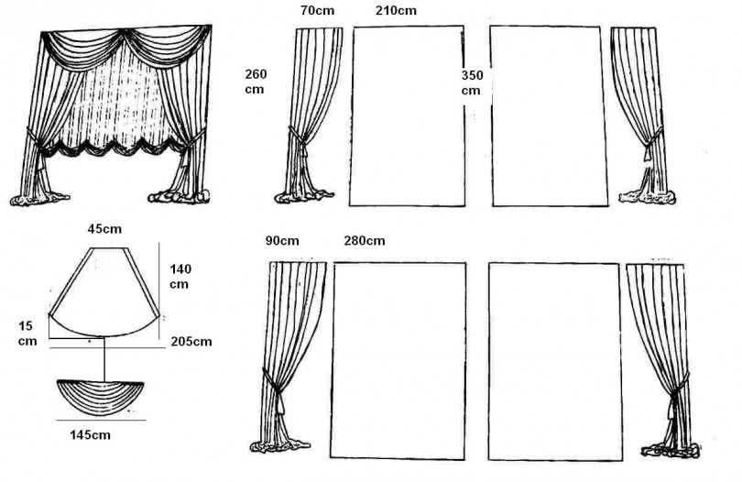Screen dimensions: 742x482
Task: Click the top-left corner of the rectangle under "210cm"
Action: click(354, 27)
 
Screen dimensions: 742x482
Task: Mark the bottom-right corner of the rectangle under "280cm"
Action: click(464, 459)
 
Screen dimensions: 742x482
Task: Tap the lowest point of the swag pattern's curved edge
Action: click(104, 337)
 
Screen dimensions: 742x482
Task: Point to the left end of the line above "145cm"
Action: click(56, 420)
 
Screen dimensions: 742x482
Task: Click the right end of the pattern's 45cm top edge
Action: click(127, 247)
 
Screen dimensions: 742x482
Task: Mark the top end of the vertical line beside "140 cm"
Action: click(159, 243)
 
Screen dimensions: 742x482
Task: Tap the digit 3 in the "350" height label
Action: click(465, 75)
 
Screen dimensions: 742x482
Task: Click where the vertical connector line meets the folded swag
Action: click(104, 381)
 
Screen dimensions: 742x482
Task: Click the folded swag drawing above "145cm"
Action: click(100, 398)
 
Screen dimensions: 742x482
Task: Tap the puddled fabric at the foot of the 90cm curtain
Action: click(280, 445)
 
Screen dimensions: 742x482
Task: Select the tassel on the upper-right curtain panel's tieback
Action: click(648, 155)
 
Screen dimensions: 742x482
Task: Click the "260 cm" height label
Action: click(256, 82)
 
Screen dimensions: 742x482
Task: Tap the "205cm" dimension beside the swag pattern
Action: click(191, 342)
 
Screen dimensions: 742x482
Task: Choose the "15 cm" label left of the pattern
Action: click(27, 334)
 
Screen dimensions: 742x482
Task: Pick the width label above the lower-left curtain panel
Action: click(282, 240)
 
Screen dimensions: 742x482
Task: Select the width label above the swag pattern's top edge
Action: click(104, 229)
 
